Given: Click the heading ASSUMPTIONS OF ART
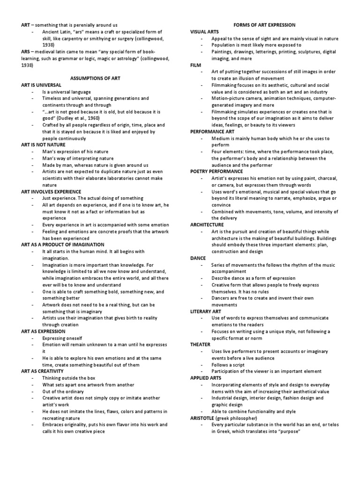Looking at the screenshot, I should (95, 79).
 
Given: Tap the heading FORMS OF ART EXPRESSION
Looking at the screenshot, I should (264, 25).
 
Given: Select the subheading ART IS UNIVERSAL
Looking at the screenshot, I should (41, 85).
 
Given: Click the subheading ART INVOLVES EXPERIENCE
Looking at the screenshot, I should (52, 192).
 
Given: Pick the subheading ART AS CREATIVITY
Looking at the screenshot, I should (43, 371).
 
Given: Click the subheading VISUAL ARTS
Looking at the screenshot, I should (205, 32).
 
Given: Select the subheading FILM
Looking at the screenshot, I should (195, 65).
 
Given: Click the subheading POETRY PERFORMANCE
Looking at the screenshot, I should (217, 172).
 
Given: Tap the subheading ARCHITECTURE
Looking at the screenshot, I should (207, 225).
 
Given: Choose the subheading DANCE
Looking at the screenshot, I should (198, 258).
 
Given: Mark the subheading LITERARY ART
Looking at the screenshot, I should (205, 311).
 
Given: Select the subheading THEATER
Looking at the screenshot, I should (200, 345).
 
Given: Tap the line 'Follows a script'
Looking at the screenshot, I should (228, 365).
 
